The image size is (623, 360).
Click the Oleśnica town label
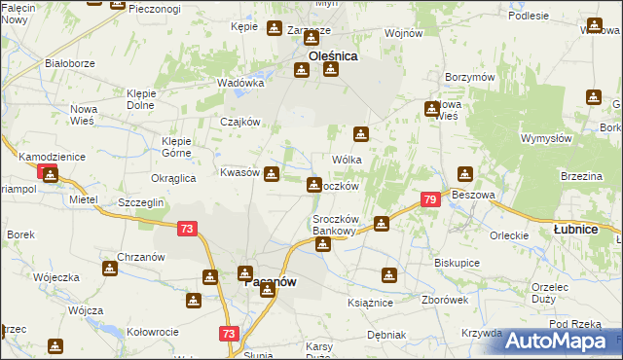pyautogui.click(x=333, y=56)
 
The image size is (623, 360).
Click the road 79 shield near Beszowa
pyautogui.click(x=430, y=199)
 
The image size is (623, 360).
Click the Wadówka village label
pyautogui.click(x=240, y=83)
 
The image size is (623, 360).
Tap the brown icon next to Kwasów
pyautogui.click(x=273, y=175)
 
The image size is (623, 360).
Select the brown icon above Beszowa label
pyautogui.click(x=465, y=175)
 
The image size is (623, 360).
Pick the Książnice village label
pyautogui.click(x=370, y=303)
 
